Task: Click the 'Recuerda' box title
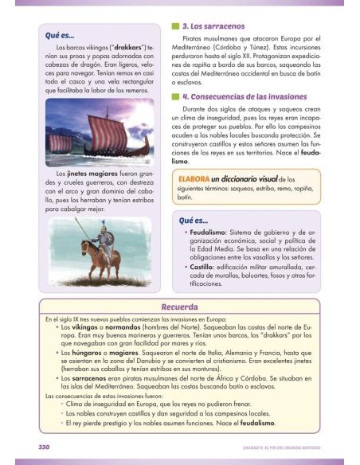(x=179, y=307)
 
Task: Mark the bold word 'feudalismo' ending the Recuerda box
(x=263, y=423)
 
